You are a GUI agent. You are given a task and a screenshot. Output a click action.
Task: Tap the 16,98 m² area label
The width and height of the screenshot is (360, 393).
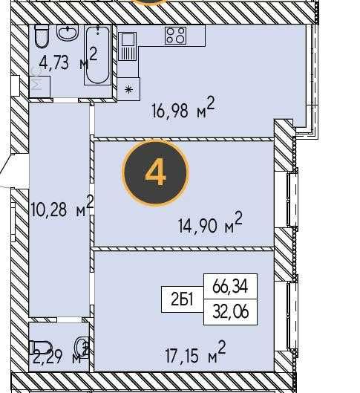183,108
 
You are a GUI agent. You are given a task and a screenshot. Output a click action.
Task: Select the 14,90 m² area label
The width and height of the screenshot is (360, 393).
210,223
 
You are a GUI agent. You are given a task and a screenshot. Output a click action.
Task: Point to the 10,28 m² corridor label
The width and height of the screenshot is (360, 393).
62,207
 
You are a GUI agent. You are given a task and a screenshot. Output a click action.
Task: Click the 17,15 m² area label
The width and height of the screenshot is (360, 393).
195,352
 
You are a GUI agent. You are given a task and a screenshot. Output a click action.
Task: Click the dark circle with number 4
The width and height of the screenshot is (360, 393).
155,172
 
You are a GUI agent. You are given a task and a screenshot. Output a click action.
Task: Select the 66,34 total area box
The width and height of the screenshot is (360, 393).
230,286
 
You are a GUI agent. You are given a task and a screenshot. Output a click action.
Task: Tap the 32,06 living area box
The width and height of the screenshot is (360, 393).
230,312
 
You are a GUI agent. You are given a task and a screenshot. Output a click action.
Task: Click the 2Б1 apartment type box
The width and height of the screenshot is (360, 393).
183,299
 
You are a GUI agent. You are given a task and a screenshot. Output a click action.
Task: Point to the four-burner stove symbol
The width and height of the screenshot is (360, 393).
175,36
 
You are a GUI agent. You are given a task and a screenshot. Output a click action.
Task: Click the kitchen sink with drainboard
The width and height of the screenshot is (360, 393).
128,46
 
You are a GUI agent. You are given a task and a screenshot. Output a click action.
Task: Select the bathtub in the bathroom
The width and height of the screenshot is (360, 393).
97,55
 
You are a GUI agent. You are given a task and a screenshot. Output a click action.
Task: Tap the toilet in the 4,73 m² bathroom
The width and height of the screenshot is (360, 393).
42,36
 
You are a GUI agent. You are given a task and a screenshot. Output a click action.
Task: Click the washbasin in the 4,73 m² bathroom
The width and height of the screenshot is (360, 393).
68,33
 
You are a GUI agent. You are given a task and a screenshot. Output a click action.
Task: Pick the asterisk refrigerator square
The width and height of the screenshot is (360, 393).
128,89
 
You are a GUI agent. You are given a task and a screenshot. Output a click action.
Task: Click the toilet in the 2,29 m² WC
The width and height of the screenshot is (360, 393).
40,347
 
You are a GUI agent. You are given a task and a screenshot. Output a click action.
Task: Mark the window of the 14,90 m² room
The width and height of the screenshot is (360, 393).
292,199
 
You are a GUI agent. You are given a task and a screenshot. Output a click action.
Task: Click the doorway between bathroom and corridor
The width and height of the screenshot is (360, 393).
66,100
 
